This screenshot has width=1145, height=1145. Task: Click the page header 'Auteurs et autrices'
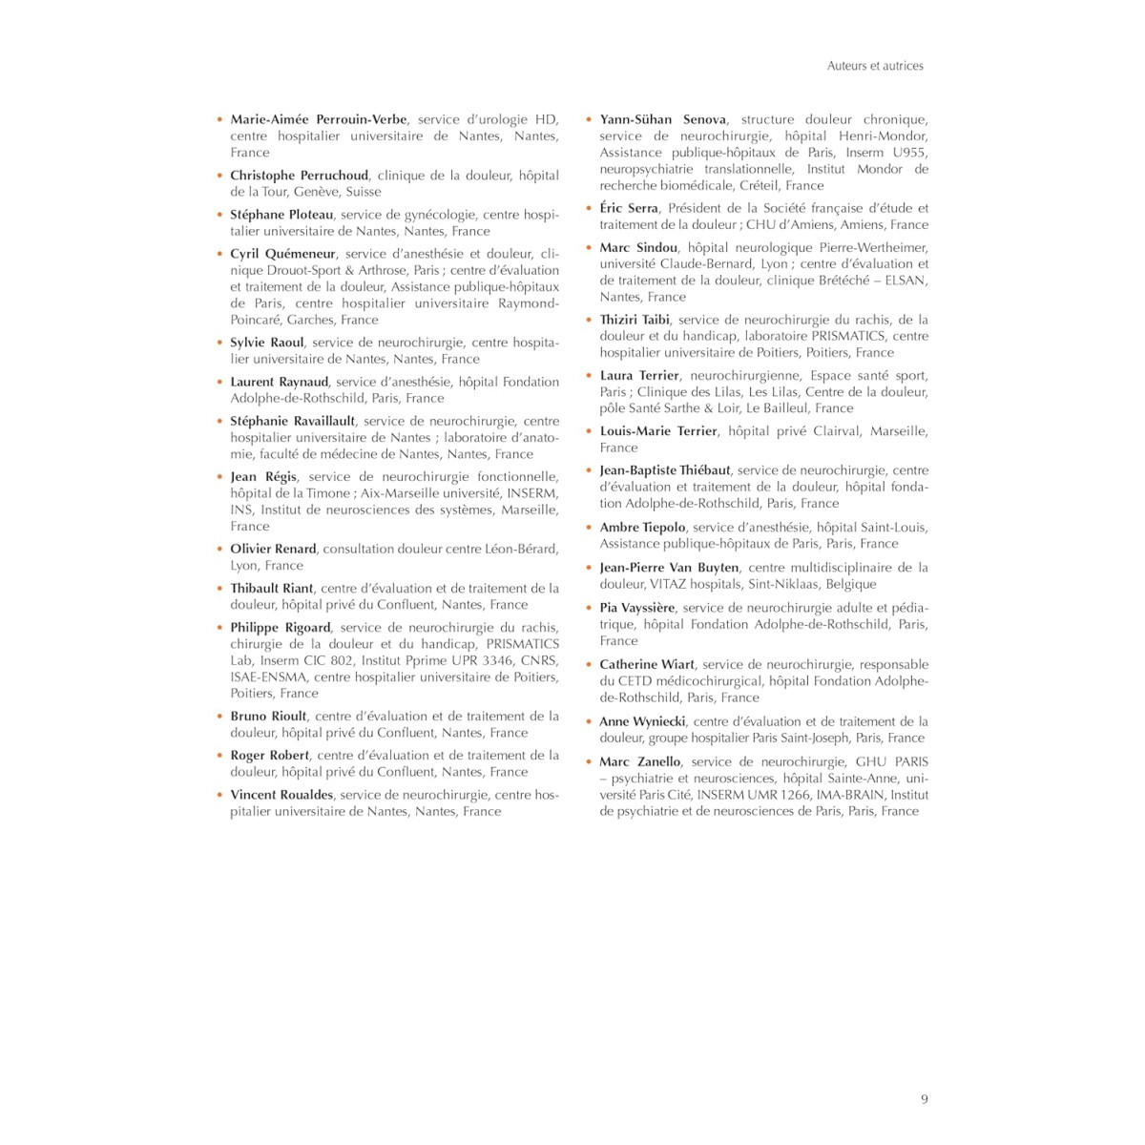[x=874, y=66]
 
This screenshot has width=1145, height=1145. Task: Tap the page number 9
[x=924, y=1099]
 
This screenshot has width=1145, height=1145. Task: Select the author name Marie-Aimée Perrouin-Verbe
[x=319, y=119]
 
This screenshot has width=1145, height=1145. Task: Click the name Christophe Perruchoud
[x=299, y=176]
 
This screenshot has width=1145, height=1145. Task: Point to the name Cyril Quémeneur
[x=282, y=254]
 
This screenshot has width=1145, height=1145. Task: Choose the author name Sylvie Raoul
[x=266, y=342]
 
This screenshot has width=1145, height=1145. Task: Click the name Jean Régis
[x=263, y=476]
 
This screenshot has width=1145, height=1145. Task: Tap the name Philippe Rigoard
[x=280, y=628]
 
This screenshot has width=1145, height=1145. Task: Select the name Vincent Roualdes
[x=281, y=795]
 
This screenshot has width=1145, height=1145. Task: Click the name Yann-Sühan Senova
[x=662, y=119]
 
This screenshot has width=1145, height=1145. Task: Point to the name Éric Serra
[x=629, y=208]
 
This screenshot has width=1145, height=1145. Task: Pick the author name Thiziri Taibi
[x=635, y=320]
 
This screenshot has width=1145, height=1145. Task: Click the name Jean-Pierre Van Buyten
[x=669, y=568]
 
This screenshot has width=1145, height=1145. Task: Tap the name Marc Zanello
[x=640, y=762]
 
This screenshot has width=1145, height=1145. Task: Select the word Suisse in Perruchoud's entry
[x=363, y=192]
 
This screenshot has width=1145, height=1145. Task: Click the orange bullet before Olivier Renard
[x=219, y=549]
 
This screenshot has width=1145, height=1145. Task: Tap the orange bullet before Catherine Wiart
[x=589, y=665]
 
